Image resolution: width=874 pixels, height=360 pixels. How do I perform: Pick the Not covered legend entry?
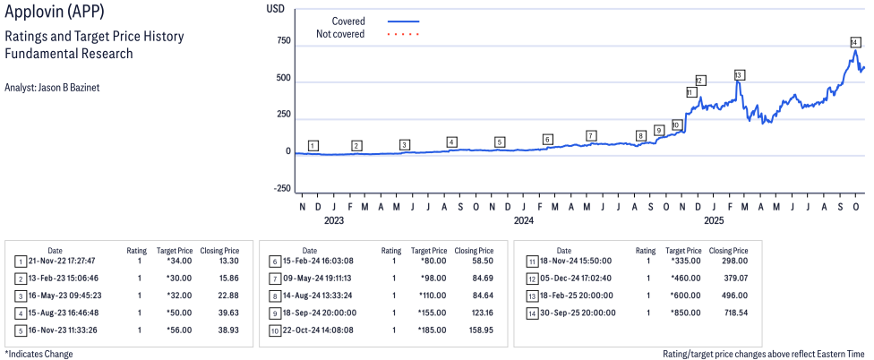(x=340, y=34)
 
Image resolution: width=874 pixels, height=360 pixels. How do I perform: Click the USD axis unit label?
(x=276, y=8)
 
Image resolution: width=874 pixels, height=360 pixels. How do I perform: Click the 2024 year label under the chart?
(x=524, y=220)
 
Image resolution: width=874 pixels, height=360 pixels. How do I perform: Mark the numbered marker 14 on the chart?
(x=855, y=43)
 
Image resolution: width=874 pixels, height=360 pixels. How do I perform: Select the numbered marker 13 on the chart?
(x=739, y=75)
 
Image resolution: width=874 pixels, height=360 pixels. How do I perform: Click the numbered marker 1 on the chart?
(x=313, y=145)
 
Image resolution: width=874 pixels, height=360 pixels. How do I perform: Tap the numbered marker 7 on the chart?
(x=591, y=135)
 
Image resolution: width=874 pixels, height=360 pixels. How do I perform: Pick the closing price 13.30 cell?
(x=228, y=261)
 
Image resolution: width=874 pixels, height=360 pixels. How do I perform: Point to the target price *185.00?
(x=428, y=330)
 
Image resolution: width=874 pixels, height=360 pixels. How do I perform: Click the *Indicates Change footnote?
(x=39, y=354)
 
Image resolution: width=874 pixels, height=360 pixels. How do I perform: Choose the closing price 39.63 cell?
(x=227, y=313)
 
